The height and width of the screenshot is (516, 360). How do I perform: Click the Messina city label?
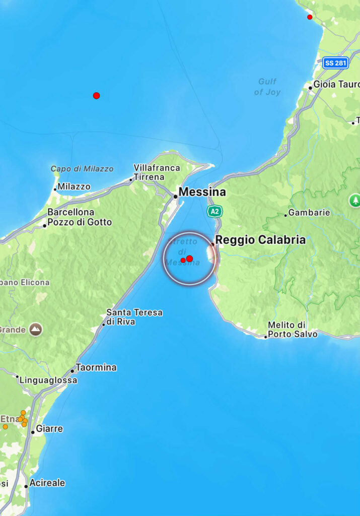pos(202,192)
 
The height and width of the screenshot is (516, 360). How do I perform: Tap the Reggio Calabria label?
pos(260,240)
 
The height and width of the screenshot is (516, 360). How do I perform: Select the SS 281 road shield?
pos(336,63)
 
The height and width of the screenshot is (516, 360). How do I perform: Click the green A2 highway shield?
pos(215,211)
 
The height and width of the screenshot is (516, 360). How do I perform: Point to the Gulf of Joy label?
pos(267,87)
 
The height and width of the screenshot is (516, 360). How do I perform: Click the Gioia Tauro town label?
pos(336,84)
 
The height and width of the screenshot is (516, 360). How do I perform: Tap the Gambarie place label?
pos(309,213)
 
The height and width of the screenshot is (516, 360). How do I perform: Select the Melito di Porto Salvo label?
pos(293,330)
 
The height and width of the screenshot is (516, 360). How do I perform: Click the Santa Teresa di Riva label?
pos(134,317)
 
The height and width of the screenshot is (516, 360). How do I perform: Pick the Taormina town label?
pos(96,367)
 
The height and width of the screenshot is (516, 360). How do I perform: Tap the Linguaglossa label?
pos(48,380)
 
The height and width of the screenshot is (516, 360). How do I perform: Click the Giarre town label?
pos(49,429)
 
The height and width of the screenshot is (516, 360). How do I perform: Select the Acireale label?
pos(47,483)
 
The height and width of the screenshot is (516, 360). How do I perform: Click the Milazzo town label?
pos(74,186)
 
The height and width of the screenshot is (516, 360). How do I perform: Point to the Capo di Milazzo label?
pos(82,169)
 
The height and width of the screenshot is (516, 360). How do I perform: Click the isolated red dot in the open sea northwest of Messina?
pos(96,96)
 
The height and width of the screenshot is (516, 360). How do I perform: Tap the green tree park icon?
pos(354,201)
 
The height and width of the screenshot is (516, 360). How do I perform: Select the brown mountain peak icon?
pos(35,330)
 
